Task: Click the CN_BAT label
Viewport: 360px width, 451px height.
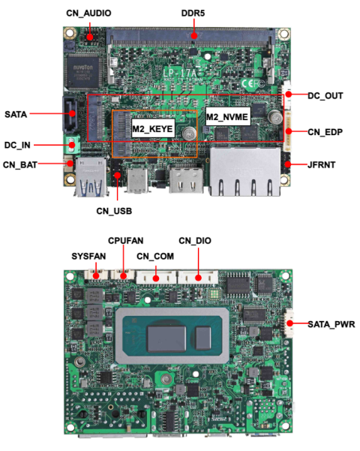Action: [21, 164]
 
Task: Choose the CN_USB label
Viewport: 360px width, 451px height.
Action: [114, 211]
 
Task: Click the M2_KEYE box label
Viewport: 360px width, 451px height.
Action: [153, 130]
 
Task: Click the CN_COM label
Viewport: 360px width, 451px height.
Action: [154, 256]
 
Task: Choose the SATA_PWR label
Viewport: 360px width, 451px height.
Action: [331, 324]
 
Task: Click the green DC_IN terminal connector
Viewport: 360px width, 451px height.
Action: [73, 145]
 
